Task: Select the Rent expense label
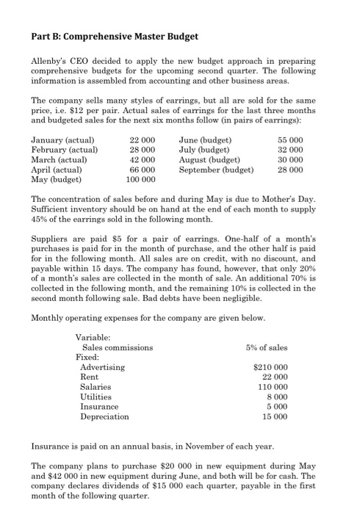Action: click(89, 376)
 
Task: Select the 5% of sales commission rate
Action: click(267, 347)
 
